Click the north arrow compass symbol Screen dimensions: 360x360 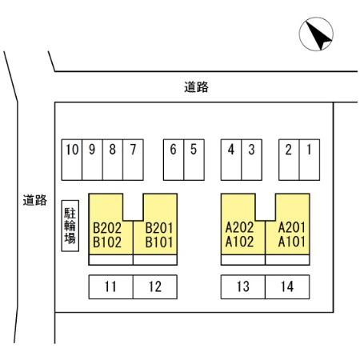[x=316, y=34]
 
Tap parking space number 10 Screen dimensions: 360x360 [x=72, y=160]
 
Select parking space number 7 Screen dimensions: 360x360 [x=133, y=160]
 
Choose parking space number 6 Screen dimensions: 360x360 [x=174, y=160]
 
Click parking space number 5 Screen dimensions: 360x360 [x=194, y=160]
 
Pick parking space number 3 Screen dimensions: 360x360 [x=251, y=160]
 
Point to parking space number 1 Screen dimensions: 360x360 [x=310, y=160]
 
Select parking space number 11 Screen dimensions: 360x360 [x=111, y=287]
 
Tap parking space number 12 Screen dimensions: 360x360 [x=155, y=287]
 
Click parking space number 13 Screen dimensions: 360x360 [x=243, y=287]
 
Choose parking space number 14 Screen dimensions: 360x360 [x=287, y=287]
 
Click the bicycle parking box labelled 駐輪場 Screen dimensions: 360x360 [x=70, y=226]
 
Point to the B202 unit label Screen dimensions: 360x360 [x=107, y=228]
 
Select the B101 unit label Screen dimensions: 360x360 [x=159, y=242]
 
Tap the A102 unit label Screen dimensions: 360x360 [x=239, y=242]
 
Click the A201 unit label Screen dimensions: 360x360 [x=291, y=227]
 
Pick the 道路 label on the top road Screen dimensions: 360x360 [x=196, y=87]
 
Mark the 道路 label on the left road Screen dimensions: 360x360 [x=35, y=200]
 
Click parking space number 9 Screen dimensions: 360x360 [x=92, y=160]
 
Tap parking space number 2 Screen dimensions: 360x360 [x=289, y=160]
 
